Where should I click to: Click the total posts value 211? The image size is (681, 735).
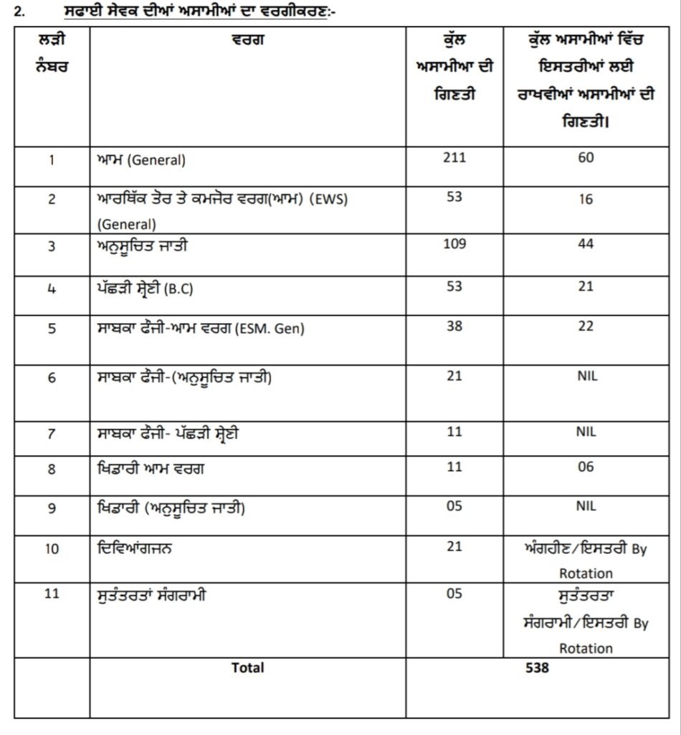point(454,156)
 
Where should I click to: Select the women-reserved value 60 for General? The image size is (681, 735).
point(586,157)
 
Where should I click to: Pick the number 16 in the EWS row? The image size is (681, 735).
point(586,200)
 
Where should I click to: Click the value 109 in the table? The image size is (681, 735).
point(454,244)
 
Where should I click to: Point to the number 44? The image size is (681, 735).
point(586,244)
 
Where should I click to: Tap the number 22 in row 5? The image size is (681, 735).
point(586,327)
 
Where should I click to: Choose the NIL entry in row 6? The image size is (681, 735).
point(586,375)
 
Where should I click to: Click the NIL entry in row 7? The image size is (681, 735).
point(586,432)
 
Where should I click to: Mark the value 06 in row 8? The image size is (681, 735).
point(586,467)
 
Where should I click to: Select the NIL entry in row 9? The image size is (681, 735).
point(586,506)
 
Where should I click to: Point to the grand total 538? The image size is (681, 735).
point(537,668)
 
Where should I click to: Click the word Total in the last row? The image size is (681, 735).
point(247,668)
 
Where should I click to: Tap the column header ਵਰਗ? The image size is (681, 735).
point(248,40)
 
